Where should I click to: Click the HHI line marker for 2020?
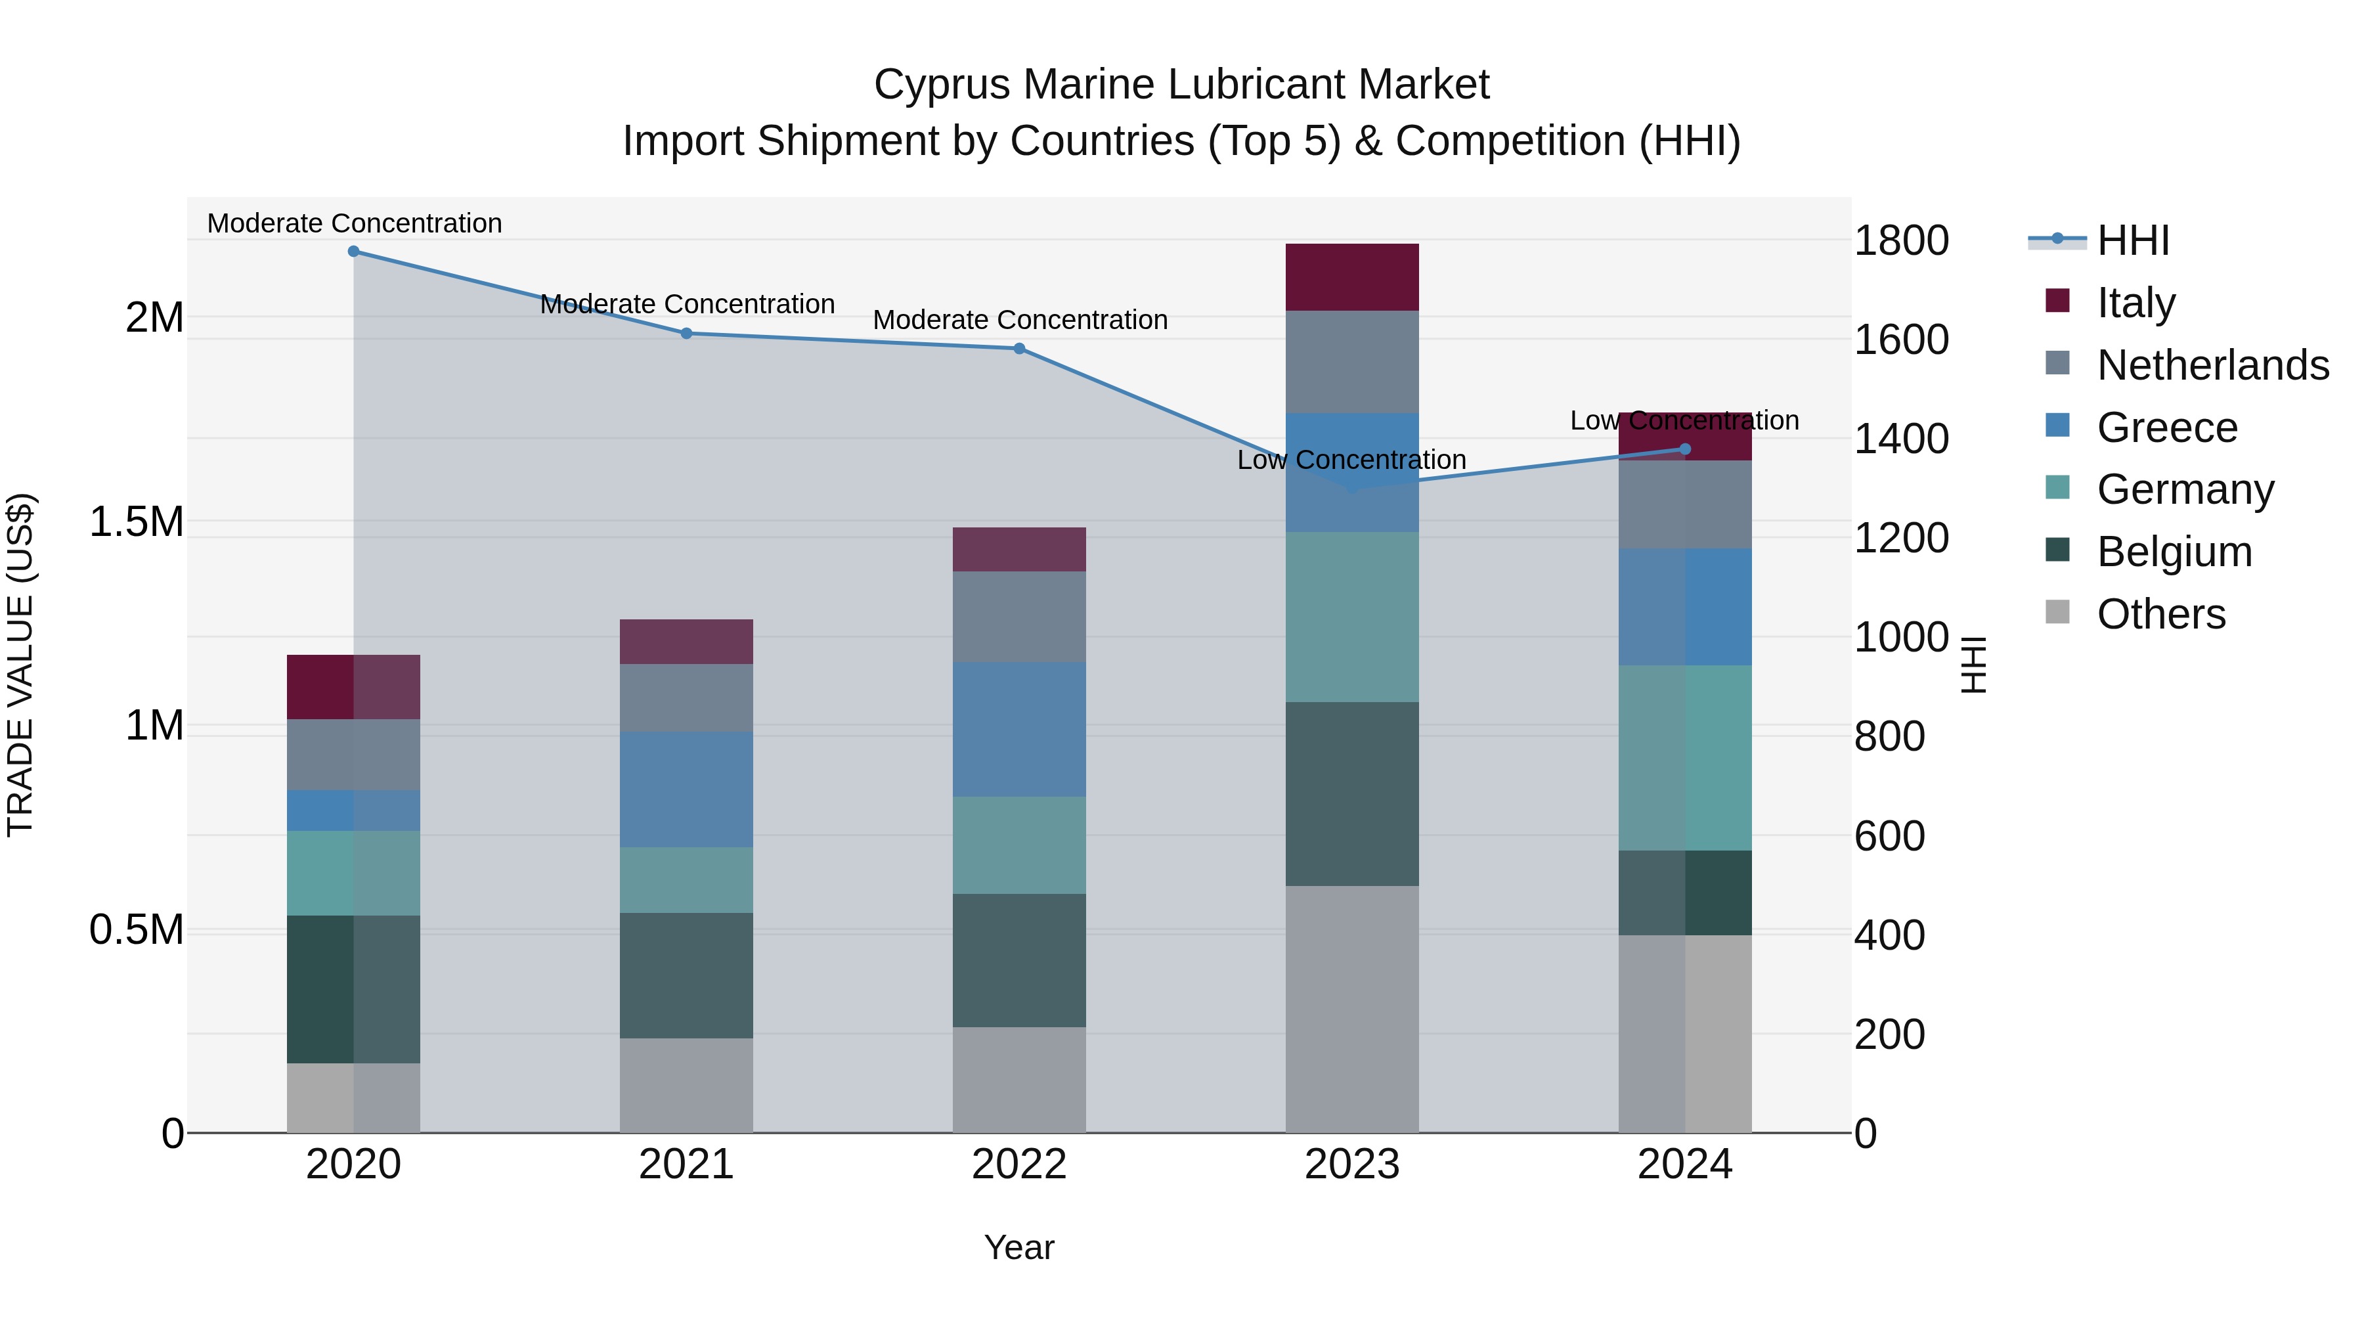tap(353, 252)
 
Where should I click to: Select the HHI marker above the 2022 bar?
tap(1018, 349)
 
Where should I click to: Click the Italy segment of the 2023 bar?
tap(1352, 277)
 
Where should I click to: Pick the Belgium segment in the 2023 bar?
tap(1352, 794)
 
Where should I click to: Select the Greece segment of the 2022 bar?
tap(1018, 730)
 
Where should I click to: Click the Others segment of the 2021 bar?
tap(686, 1085)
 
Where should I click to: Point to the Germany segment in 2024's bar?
tap(1684, 758)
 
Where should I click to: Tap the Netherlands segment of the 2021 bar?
tap(686, 698)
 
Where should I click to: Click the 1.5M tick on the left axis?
tap(137, 522)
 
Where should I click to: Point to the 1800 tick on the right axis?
tap(1900, 240)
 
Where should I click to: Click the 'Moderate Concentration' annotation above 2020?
tap(354, 224)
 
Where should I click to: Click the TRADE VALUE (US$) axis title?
tap(20, 665)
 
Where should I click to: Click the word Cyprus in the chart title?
tap(942, 85)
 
